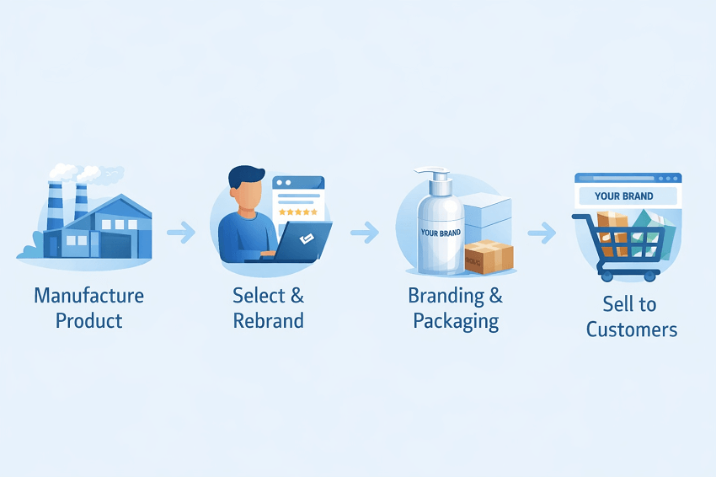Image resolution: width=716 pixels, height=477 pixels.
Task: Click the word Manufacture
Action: pos(88,296)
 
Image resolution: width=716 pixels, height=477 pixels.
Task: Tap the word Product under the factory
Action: pos(88,321)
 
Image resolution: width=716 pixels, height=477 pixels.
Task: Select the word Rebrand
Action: pos(269,321)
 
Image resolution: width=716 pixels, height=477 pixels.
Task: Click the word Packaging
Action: pos(456,322)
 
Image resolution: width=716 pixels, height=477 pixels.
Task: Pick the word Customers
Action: pos(631,329)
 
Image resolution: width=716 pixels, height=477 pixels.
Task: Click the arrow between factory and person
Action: pos(180,232)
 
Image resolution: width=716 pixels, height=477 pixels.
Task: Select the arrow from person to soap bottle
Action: pos(364,232)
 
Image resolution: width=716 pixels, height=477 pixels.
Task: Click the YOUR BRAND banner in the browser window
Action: pos(624,196)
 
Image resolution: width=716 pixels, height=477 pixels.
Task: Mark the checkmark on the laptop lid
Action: pos(307,238)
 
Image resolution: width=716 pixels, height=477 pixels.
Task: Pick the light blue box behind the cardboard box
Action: pos(489,214)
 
